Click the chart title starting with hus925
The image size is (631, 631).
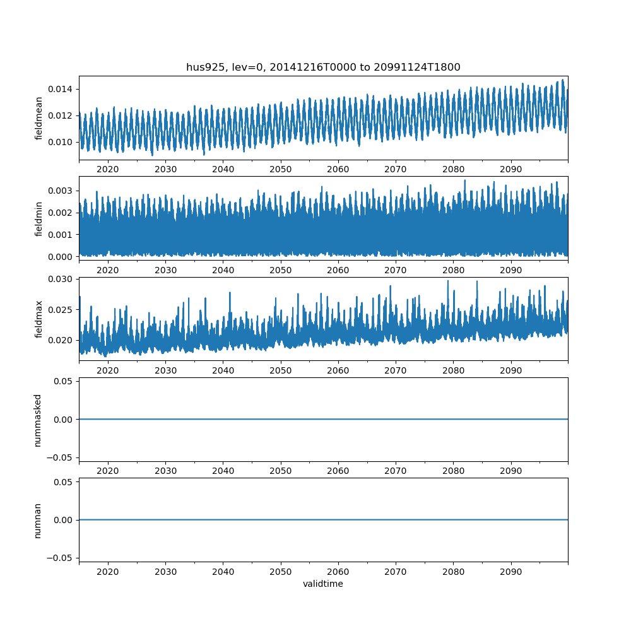323,67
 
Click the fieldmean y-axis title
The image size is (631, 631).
39,118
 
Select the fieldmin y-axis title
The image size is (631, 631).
39,218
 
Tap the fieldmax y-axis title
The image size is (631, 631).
39,319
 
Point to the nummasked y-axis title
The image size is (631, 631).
38,420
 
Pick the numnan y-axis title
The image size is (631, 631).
38,520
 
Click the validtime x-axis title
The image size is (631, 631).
323,584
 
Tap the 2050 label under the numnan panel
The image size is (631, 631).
281,572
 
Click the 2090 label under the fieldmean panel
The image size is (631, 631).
511,169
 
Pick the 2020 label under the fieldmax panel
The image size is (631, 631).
108,370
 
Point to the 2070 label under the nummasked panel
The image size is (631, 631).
396,471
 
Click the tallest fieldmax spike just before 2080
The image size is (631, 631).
448,281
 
